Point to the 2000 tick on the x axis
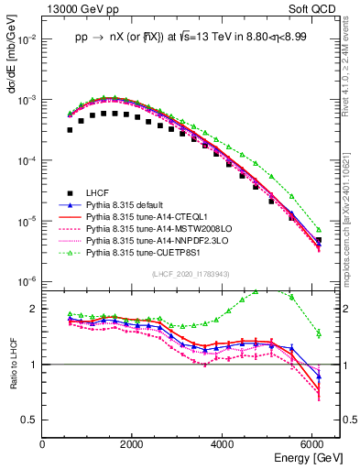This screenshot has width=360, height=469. (x=133, y=443)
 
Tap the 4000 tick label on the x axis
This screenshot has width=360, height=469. (x=224, y=443)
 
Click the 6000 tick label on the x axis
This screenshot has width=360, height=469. (x=314, y=443)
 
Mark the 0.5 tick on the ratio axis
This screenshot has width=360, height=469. (x=29, y=420)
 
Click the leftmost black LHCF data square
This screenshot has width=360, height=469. (x=70, y=130)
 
